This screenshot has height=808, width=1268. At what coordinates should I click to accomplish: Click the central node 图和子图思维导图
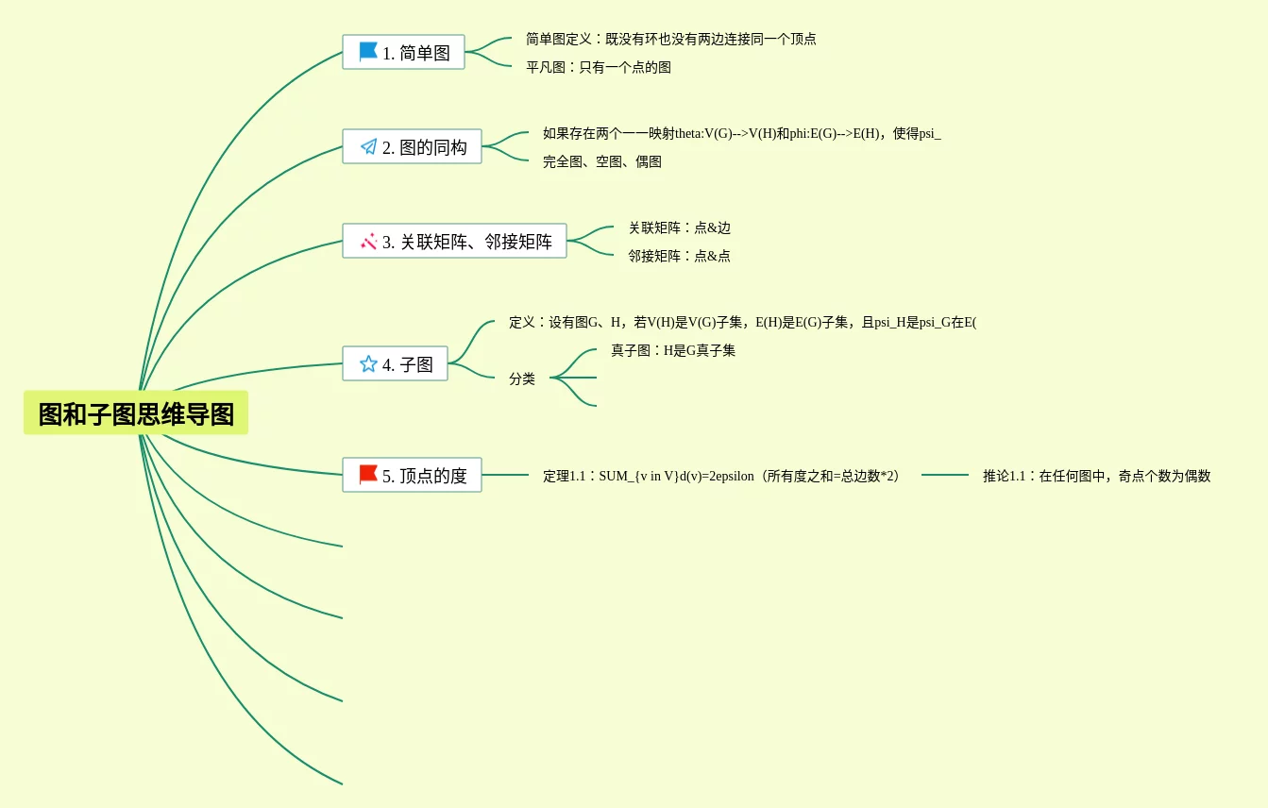[x=136, y=413]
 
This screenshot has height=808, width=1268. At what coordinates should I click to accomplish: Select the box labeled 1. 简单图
[x=403, y=53]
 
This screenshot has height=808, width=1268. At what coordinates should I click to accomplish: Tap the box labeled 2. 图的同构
[x=412, y=147]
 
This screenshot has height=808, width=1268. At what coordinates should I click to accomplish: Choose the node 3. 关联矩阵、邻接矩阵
[x=454, y=242]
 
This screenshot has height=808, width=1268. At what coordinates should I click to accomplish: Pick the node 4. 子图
[x=395, y=364]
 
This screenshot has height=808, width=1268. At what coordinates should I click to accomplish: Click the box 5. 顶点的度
[x=412, y=476]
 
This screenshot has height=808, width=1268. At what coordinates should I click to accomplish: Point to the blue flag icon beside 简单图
[x=368, y=52]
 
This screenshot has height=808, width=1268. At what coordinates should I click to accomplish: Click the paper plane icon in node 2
[x=368, y=146]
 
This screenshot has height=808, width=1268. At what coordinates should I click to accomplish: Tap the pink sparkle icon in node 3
[x=368, y=242]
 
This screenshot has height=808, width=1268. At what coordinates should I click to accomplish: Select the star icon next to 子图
[x=368, y=363]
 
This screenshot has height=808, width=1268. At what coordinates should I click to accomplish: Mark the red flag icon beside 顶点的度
[x=368, y=475]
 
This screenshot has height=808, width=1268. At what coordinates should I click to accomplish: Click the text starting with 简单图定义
[x=670, y=40]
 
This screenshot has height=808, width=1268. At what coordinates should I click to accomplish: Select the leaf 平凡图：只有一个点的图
[x=599, y=68]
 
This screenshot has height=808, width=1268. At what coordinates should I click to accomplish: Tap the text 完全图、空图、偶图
[x=602, y=162]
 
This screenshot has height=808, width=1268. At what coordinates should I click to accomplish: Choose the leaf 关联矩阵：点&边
[x=680, y=228]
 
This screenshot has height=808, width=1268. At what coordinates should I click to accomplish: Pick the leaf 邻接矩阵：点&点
[x=680, y=257]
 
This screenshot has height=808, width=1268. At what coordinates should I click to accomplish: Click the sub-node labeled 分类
[x=522, y=379]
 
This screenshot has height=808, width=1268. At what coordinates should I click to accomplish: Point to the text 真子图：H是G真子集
[x=673, y=351]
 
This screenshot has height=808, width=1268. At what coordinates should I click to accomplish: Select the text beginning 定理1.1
[x=722, y=477]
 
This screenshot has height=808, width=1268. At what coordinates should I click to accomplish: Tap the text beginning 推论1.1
[x=1096, y=477]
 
